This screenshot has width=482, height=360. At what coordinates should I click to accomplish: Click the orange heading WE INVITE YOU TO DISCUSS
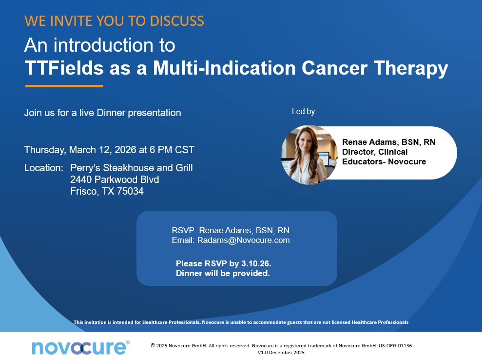point(114,21)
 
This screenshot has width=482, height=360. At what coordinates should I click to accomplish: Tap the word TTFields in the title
point(64,68)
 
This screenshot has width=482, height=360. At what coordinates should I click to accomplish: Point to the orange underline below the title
point(64,86)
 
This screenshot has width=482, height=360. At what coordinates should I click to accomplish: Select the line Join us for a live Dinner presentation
point(103,113)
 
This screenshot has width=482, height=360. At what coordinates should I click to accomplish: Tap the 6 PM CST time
point(172,150)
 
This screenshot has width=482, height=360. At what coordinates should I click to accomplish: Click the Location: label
point(44,168)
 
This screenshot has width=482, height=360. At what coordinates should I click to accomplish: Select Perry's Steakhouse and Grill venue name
point(132,168)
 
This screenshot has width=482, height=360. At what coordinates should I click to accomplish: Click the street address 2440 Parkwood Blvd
point(115,180)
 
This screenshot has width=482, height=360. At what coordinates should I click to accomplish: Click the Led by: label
point(304,111)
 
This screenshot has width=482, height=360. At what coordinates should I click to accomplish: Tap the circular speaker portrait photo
point(309,155)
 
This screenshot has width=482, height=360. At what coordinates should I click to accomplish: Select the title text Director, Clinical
point(375,152)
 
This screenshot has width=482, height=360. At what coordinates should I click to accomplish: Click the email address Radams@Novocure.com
point(244,240)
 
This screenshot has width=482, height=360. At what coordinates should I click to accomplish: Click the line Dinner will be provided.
point(223,273)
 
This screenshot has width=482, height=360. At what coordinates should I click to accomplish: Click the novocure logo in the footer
point(80,348)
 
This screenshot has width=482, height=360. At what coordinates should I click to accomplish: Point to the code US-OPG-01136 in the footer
point(395,345)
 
